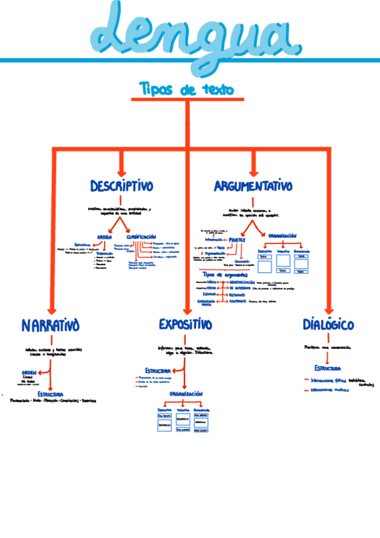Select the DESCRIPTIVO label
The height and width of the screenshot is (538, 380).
(122, 187)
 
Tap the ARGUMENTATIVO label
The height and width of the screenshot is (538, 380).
(253, 187)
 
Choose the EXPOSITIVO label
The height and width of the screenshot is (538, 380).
(185, 325)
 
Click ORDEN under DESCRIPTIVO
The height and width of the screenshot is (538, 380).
(104, 237)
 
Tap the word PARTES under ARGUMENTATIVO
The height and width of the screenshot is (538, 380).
(237, 240)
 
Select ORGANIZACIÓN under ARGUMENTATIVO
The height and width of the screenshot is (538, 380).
(282, 235)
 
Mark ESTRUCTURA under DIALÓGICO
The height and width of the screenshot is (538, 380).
(327, 369)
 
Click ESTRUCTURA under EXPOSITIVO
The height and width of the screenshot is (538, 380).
(157, 370)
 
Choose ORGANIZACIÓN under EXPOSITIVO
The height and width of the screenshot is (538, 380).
(185, 394)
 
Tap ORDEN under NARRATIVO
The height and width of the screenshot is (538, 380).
(29, 372)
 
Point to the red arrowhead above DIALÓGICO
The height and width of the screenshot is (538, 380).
(328, 306)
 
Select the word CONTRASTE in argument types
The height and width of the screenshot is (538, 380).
(238, 302)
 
